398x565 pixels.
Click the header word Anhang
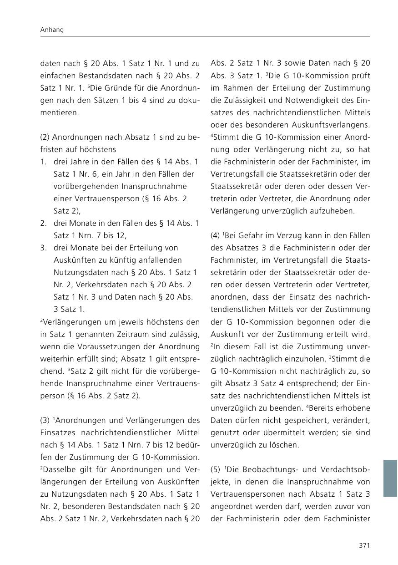point(52,30)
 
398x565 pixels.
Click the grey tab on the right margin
point(390,478)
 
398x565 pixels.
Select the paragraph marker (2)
point(45,137)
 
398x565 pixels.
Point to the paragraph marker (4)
point(215,235)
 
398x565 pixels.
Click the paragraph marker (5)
point(215,469)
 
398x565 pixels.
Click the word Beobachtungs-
point(269,469)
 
